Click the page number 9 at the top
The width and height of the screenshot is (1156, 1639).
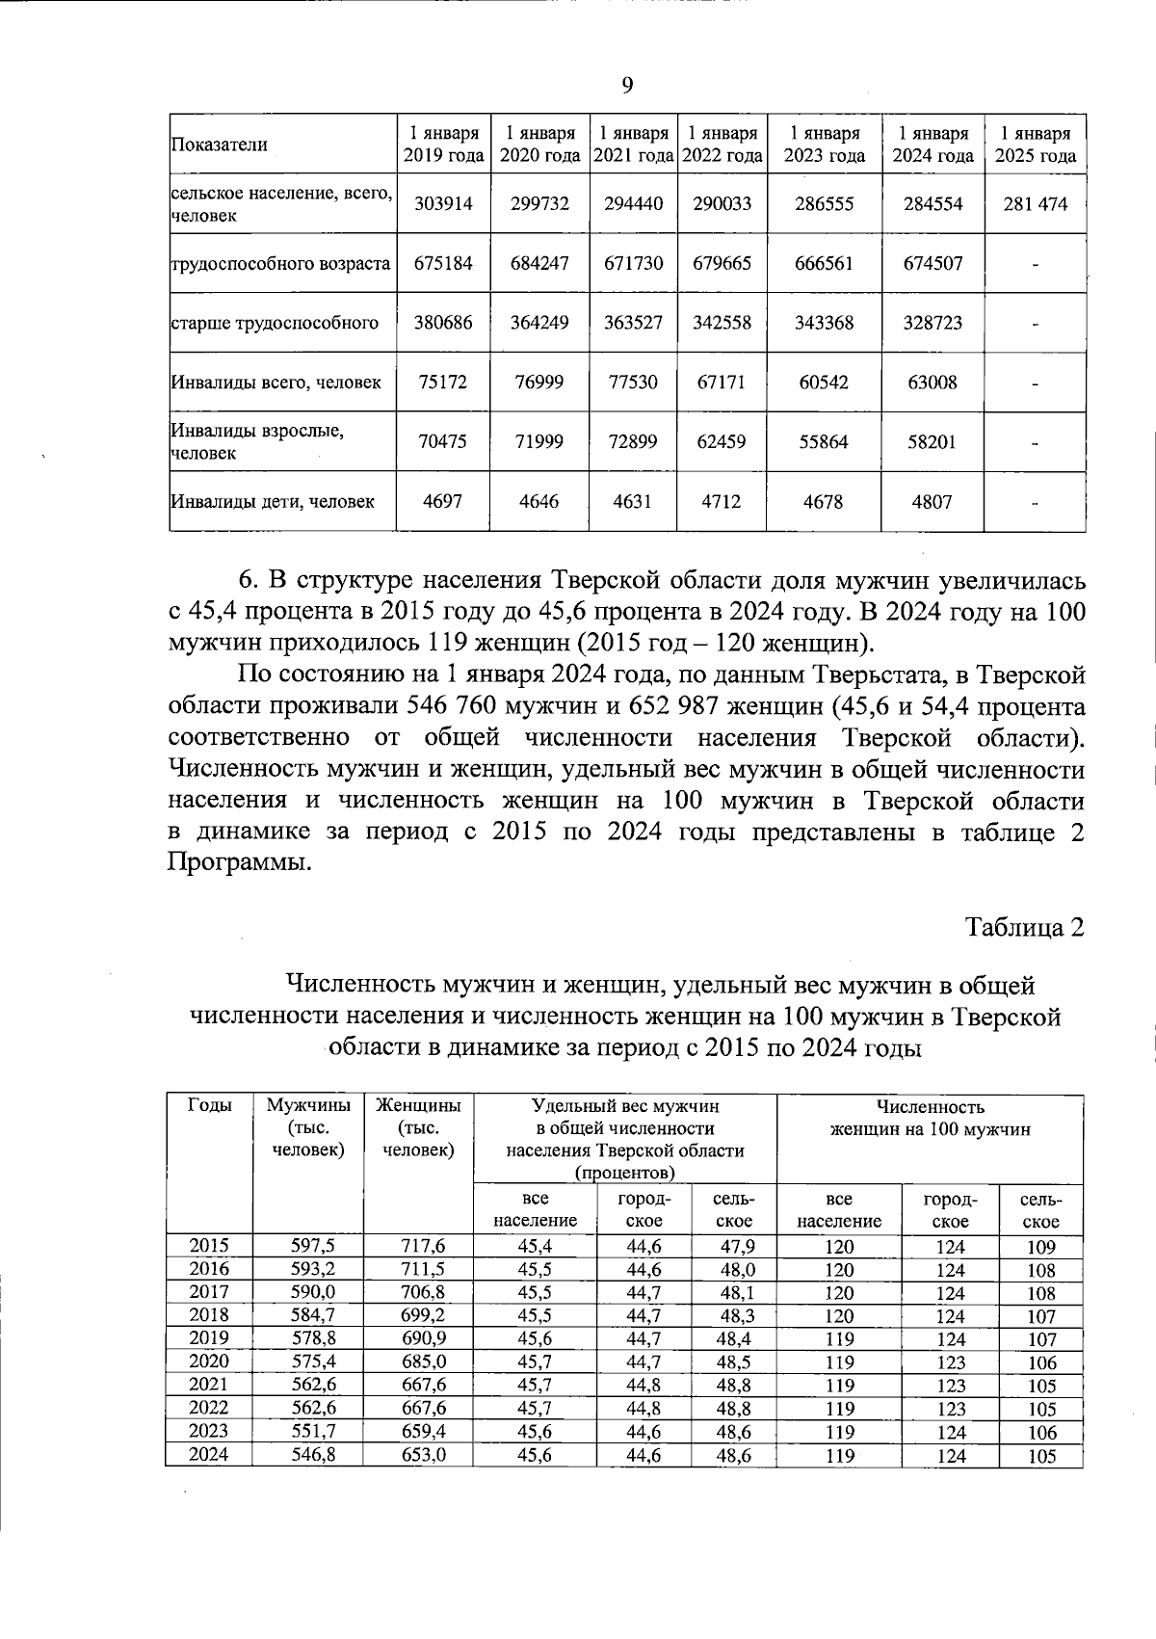627,87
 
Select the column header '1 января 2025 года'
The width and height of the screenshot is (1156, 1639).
1035,145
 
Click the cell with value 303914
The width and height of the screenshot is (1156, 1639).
443,204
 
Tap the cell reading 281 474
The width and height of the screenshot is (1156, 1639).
1035,204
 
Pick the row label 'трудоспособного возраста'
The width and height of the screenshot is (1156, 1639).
280,263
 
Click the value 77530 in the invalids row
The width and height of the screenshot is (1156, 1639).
632,383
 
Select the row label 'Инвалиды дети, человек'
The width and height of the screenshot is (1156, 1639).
273,501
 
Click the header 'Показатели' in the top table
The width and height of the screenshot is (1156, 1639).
220,145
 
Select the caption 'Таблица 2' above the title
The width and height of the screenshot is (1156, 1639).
1025,927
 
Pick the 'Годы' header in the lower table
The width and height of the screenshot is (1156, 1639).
209,1106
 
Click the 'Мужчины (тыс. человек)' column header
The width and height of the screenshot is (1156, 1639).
308,1127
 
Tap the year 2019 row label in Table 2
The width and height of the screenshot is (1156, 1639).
209,1338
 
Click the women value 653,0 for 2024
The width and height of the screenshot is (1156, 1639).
423,1455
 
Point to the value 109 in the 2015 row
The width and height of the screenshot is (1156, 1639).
1041,1246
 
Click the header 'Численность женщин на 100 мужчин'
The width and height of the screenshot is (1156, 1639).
930,1118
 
